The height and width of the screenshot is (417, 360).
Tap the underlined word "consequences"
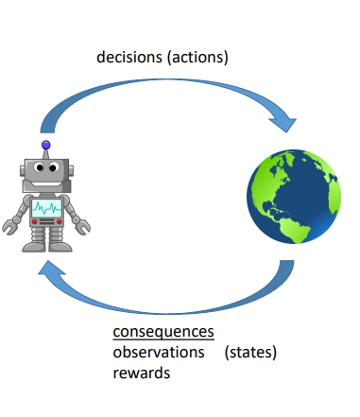[163, 332]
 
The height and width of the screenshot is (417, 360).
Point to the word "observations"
[159, 352]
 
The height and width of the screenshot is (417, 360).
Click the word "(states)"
[256, 352]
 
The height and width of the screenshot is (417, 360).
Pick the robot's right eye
[56, 170]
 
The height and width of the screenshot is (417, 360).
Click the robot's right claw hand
[84, 227]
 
